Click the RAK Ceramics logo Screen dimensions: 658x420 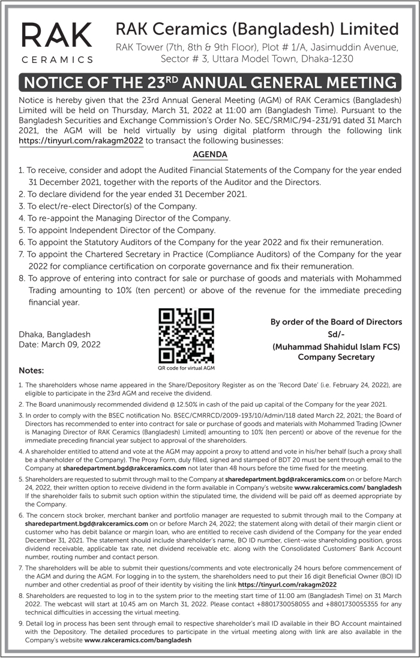57,42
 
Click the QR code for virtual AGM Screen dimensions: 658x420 186,336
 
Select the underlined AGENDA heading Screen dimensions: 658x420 210,155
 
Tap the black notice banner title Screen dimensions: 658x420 210,82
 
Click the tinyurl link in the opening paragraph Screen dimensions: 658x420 81,140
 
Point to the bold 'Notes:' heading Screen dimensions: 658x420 31,370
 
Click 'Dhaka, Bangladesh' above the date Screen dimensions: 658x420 55,334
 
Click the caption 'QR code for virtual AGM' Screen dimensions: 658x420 186,368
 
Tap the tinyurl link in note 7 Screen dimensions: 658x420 287,584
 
